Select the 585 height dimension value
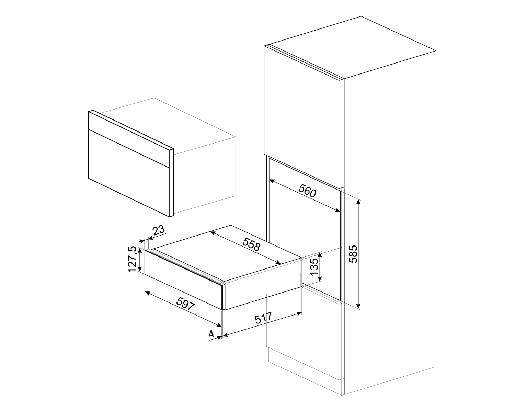(353, 254)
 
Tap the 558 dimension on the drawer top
(252, 245)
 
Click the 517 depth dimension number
(263, 319)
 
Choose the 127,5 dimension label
(133, 259)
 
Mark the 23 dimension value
(159, 230)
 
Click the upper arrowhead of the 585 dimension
(359, 201)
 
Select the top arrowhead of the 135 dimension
(320, 254)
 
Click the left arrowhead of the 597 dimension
(147, 293)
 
